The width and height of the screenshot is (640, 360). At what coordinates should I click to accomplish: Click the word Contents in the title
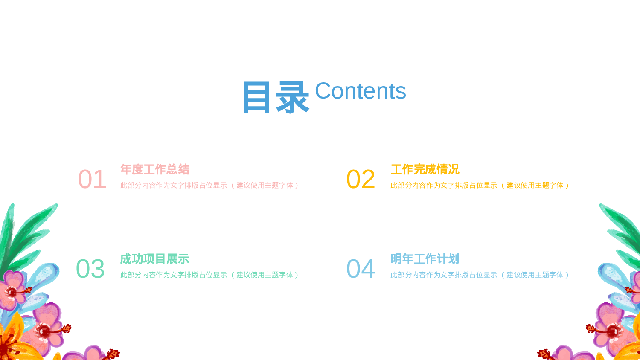tap(360, 91)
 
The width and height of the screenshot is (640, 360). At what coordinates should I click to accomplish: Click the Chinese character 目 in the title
tap(257, 98)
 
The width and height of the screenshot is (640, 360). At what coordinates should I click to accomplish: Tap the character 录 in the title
tap(292, 98)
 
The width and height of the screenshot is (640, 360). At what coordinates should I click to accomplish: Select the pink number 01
tap(92, 179)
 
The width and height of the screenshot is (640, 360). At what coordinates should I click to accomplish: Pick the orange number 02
tap(361, 179)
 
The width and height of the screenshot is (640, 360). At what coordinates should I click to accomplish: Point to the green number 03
tap(90, 269)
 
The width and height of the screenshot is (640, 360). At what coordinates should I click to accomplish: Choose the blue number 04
tap(361, 269)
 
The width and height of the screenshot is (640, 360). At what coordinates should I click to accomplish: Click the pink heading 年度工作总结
tap(154, 169)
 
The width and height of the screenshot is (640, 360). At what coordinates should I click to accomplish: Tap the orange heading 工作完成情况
tap(425, 169)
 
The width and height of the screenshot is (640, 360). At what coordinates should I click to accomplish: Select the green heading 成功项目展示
tap(154, 259)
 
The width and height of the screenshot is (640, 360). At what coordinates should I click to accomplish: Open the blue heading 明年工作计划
tap(425, 259)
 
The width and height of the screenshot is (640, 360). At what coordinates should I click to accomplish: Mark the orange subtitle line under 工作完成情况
tap(480, 185)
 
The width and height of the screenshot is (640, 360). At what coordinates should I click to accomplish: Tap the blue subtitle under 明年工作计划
tap(480, 275)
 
